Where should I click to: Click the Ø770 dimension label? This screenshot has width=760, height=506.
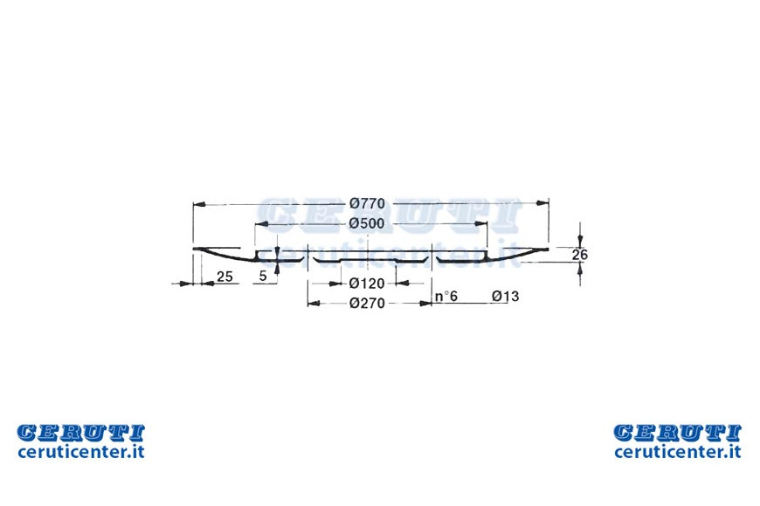(x=367, y=203)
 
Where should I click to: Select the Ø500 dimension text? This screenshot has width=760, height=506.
(x=366, y=223)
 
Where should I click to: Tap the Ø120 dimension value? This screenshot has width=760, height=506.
(x=366, y=284)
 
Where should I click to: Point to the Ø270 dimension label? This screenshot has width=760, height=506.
(x=367, y=303)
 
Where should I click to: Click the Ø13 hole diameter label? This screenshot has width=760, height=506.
(x=505, y=296)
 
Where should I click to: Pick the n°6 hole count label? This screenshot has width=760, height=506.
(x=446, y=296)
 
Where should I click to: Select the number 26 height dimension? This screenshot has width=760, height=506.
(x=580, y=254)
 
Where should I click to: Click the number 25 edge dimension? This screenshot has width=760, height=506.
(x=225, y=277)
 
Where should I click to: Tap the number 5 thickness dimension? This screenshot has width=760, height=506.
(x=263, y=276)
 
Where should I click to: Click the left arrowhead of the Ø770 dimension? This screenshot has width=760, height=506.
(x=199, y=205)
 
